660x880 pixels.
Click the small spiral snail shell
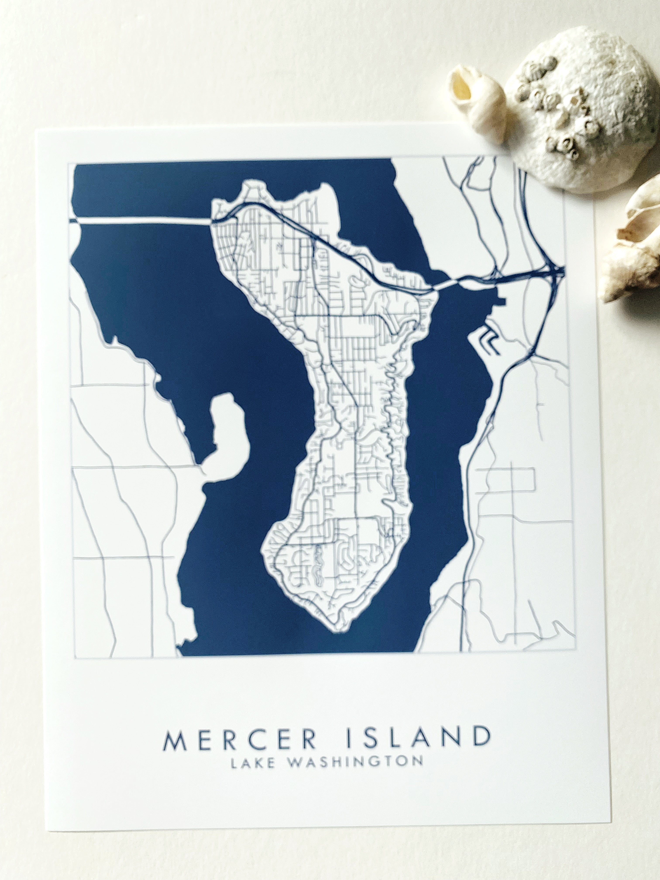477,103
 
